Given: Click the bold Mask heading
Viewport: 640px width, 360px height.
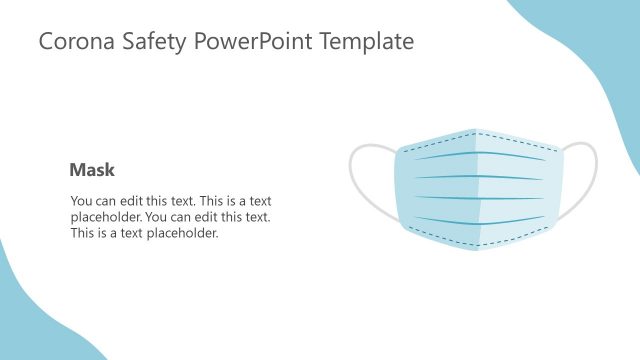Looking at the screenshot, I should [92, 171].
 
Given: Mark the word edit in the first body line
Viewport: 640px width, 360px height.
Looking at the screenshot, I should [133, 201].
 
